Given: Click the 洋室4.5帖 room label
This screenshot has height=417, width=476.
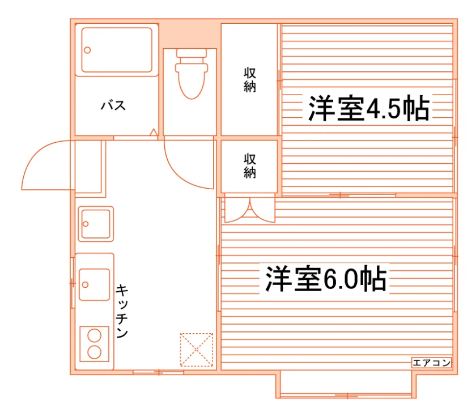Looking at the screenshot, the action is (368, 108).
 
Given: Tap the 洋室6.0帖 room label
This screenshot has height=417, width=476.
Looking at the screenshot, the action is (326, 279).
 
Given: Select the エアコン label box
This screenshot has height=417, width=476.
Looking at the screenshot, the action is (431, 363).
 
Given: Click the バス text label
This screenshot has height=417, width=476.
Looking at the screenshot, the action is (113, 105).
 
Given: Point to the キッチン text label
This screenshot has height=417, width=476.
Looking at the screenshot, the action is (122, 311).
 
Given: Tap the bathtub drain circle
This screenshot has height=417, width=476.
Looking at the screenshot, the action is (87, 50).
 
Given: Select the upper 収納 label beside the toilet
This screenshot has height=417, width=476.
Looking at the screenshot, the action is (250, 80).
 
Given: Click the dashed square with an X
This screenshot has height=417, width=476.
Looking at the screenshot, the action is (197, 350).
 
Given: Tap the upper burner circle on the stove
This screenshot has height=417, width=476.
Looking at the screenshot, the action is (94, 336).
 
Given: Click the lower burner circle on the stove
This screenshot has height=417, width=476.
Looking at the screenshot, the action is (94, 352).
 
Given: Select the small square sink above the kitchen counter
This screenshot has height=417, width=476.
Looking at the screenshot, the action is (96, 224).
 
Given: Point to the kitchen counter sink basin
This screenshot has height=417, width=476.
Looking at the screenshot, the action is (95, 284).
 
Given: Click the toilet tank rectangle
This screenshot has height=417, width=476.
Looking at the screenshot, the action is (192, 53).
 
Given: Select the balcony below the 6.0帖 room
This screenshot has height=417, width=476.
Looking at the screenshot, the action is (346, 385).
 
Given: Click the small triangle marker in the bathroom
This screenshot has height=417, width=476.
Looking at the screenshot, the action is (154, 133).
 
